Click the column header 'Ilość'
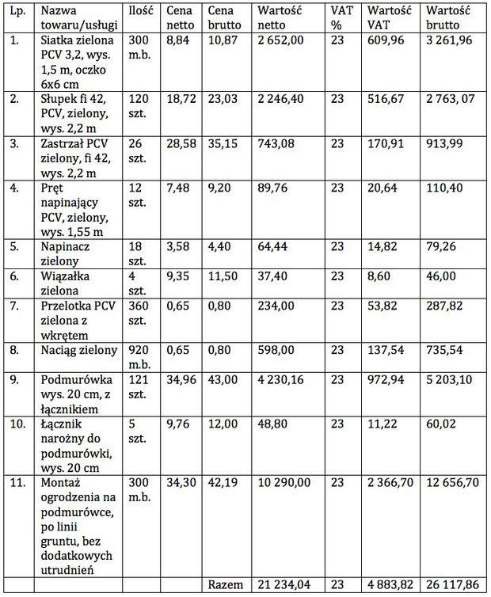[x=140, y=10]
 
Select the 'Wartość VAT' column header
[x=389, y=18]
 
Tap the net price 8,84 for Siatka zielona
[x=178, y=40]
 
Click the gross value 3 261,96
[x=449, y=40]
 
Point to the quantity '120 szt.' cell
[x=139, y=106]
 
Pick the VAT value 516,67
[x=386, y=99]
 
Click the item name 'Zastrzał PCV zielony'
[x=75, y=150]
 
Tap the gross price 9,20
[x=219, y=188]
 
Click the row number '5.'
[x=14, y=246]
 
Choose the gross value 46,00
[x=441, y=276]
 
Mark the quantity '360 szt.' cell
[x=139, y=313]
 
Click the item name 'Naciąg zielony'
[x=79, y=350]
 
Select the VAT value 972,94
[x=386, y=379]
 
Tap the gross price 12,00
[x=223, y=424]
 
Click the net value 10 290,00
[x=284, y=483]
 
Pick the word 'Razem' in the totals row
[x=225, y=584]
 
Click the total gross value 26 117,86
[x=452, y=584]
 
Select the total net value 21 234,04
[x=284, y=584]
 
